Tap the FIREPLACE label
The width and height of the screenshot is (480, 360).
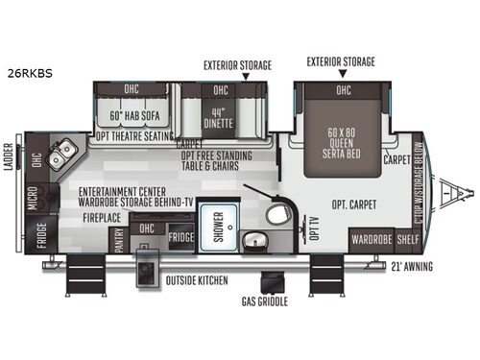point(101,218)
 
